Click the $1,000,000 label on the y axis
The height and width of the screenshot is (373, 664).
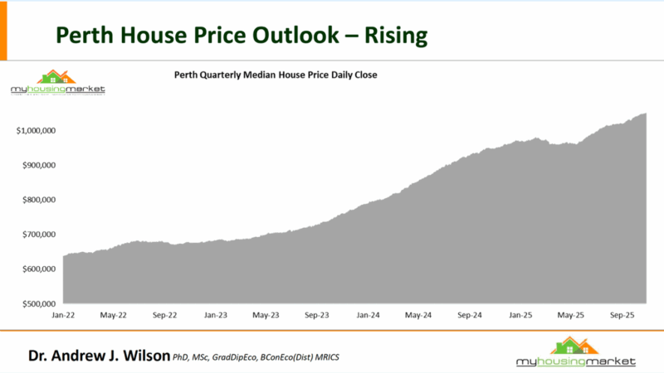pos(36,131)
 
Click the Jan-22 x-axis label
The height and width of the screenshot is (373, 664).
pos(63,316)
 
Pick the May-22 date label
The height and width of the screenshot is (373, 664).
pos(114,316)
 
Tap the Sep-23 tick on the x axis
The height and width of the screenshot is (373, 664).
pos(318,316)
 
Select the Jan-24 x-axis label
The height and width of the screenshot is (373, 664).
pos(369,316)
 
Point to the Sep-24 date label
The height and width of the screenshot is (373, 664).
pos(471,316)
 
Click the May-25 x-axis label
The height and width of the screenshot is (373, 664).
pos(573,316)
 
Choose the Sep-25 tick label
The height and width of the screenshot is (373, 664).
pos(623,316)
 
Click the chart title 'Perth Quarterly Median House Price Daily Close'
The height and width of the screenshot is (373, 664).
pos(276,75)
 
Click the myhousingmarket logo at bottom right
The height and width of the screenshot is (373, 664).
pos(575,353)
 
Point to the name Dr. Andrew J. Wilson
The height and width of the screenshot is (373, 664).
pos(99,356)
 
